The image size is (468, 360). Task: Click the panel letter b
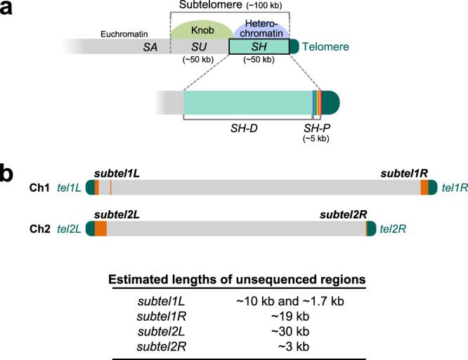(9, 172)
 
